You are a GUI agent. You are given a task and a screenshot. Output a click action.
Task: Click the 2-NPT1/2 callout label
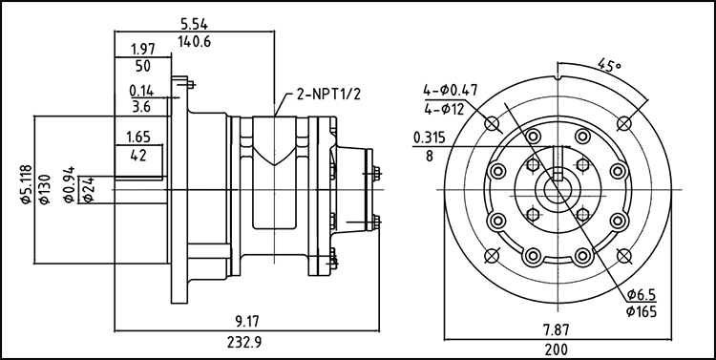tap(328, 95)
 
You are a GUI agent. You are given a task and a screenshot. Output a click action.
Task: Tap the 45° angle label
tap(610, 64)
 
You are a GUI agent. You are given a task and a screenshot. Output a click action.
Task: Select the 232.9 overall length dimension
tap(246, 342)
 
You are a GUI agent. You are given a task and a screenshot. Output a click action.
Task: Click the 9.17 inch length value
tap(247, 322)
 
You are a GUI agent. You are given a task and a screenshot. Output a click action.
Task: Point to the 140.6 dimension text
tap(194, 42)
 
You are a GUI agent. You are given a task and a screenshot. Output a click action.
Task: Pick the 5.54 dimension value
tap(194, 24)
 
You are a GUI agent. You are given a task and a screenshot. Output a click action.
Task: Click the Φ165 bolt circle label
tap(642, 311)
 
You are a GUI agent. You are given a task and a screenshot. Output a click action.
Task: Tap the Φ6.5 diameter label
tap(642, 294)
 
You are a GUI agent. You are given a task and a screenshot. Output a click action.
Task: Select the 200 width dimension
tap(557, 349)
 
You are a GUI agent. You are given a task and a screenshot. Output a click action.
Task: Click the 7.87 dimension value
tap(557, 329)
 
